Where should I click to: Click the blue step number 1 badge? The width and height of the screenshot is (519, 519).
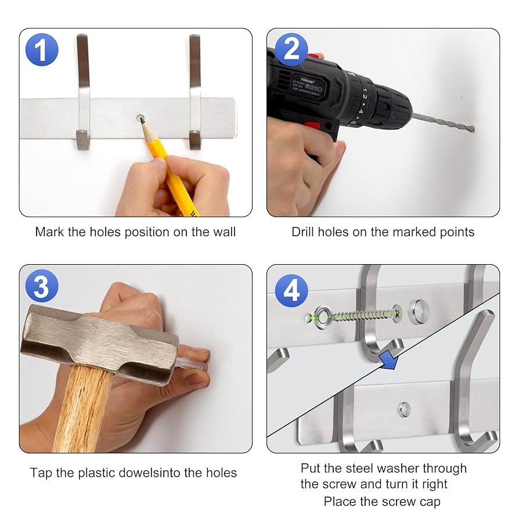click(x=42, y=50)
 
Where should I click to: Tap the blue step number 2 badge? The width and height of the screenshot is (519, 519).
click(x=291, y=50)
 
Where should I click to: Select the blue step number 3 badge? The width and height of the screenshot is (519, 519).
click(x=42, y=286)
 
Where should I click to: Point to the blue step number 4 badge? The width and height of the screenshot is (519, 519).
click(x=291, y=291)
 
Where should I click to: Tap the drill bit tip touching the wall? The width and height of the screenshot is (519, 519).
click(x=473, y=129)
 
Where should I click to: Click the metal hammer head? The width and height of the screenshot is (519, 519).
click(x=99, y=344)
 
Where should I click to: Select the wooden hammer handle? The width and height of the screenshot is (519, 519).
click(x=81, y=410)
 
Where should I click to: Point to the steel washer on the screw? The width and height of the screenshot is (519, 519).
click(x=320, y=318)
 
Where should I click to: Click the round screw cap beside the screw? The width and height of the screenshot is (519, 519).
click(x=419, y=312)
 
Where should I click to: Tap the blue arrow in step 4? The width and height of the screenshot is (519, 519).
click(x=390, y=361)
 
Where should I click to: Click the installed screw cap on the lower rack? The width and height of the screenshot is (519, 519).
click(x=404, y=409)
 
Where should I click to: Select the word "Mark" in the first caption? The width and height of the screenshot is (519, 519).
click(x=49, y=232)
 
